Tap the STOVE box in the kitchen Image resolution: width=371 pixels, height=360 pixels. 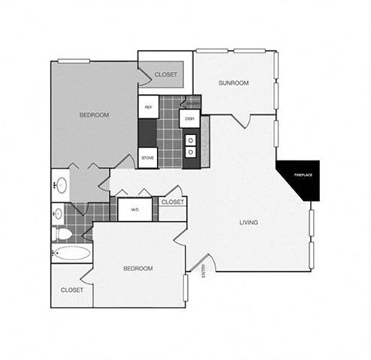pos(148,158)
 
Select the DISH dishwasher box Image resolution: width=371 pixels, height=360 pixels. pos(189,118)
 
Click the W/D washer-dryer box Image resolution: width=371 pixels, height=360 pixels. pos(134,209)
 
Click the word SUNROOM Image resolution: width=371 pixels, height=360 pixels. pos(233,83)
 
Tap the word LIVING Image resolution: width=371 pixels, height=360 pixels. pos(248,222)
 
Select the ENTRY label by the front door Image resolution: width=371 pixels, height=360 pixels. pos(204,272)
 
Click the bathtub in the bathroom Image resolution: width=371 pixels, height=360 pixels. pos(70,253)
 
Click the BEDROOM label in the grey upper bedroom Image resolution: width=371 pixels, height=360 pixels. pos(94,115)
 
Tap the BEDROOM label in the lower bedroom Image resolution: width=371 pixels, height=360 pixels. pos(138,268)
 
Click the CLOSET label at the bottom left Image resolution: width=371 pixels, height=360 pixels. pos(71,290)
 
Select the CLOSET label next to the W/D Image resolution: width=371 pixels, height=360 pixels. pos(172,202)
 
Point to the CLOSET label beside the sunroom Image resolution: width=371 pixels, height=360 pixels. pos(165,74)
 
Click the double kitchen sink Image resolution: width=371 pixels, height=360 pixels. pos(190,146)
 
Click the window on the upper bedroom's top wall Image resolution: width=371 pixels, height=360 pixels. pos(73,60)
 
